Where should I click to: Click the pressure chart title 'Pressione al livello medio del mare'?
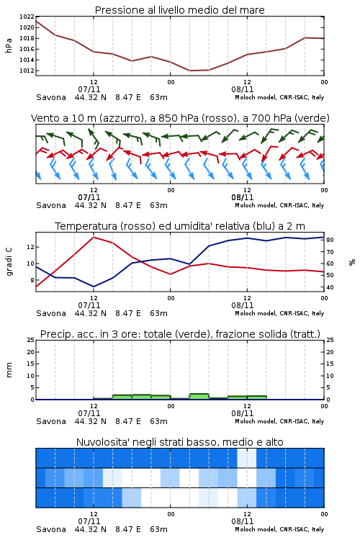point(179,10)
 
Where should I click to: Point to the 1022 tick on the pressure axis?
point(27,17)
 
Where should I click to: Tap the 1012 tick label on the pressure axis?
point(27,71)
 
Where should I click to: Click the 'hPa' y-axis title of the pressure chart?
point(9,45)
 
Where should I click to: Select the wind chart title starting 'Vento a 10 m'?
point(180,118)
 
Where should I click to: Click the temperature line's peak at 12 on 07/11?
point(94,237)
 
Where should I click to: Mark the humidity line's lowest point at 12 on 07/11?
point(94,287)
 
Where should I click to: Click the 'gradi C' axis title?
point(9,262)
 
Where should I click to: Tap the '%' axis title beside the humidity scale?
point(352,262)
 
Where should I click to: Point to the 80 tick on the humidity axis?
point(330,240)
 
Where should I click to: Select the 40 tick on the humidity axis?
point(330,287)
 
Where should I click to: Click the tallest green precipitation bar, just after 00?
point(199,397)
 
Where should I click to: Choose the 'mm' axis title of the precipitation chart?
point(9,370)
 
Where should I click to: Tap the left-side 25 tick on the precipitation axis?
point(31,340)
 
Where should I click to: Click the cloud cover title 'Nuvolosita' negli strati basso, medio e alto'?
point(179,442)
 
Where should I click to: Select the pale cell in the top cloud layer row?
point(247,458)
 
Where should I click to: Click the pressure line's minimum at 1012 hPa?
point(190,71)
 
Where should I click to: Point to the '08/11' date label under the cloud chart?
point(243,521)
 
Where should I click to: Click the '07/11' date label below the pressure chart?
point(89,89)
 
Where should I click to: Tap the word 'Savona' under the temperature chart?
point(51,313)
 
